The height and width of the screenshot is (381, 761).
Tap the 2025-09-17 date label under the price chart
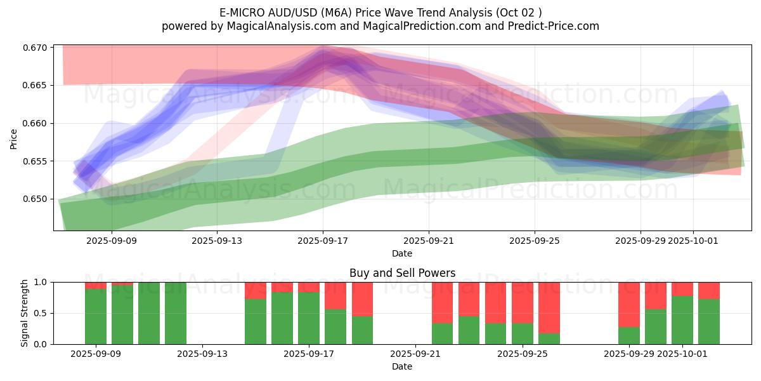[x=323, y=241]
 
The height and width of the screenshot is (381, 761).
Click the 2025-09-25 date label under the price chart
[x=535, y=241]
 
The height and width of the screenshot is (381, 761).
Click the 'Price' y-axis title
[x=13, y=138]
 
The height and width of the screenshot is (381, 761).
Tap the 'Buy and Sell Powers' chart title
[x=402, y=273]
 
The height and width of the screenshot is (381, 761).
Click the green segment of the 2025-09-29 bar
[x=629, y=335]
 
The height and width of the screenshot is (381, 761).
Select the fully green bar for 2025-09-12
[x=176, y=313]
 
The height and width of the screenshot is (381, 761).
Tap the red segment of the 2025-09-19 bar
[x=363, y=298]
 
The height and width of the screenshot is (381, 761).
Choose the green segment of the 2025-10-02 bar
[x=709, y=321]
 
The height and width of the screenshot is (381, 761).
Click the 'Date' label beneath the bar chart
[x=402, y=366]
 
